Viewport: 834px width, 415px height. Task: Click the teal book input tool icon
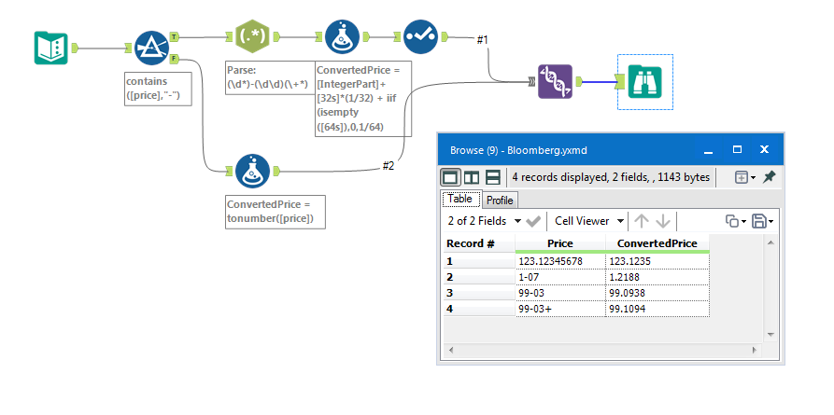pos(50,48)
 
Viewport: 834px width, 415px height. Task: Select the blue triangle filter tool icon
pos(148,47)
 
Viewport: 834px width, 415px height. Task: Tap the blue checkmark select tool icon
pos(421,37)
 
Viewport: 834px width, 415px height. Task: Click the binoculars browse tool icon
pos(644,82)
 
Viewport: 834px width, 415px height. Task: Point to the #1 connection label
pos(482,39)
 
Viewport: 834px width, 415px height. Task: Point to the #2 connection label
pos(389,166)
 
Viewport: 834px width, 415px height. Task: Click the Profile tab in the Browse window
pos(500,200)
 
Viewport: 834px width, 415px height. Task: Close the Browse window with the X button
pos(763,149)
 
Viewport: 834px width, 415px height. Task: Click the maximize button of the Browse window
pos(737,149)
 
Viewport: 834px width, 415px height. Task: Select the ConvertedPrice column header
pos(657,243)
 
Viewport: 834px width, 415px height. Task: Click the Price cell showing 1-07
pos(559,277)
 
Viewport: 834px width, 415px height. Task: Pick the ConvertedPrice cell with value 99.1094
pos(657,309)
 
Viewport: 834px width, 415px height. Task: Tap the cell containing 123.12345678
pos(559,261)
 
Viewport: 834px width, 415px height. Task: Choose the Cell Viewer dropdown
pos(588,221)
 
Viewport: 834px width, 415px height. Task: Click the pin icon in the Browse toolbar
pos(769,176)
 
